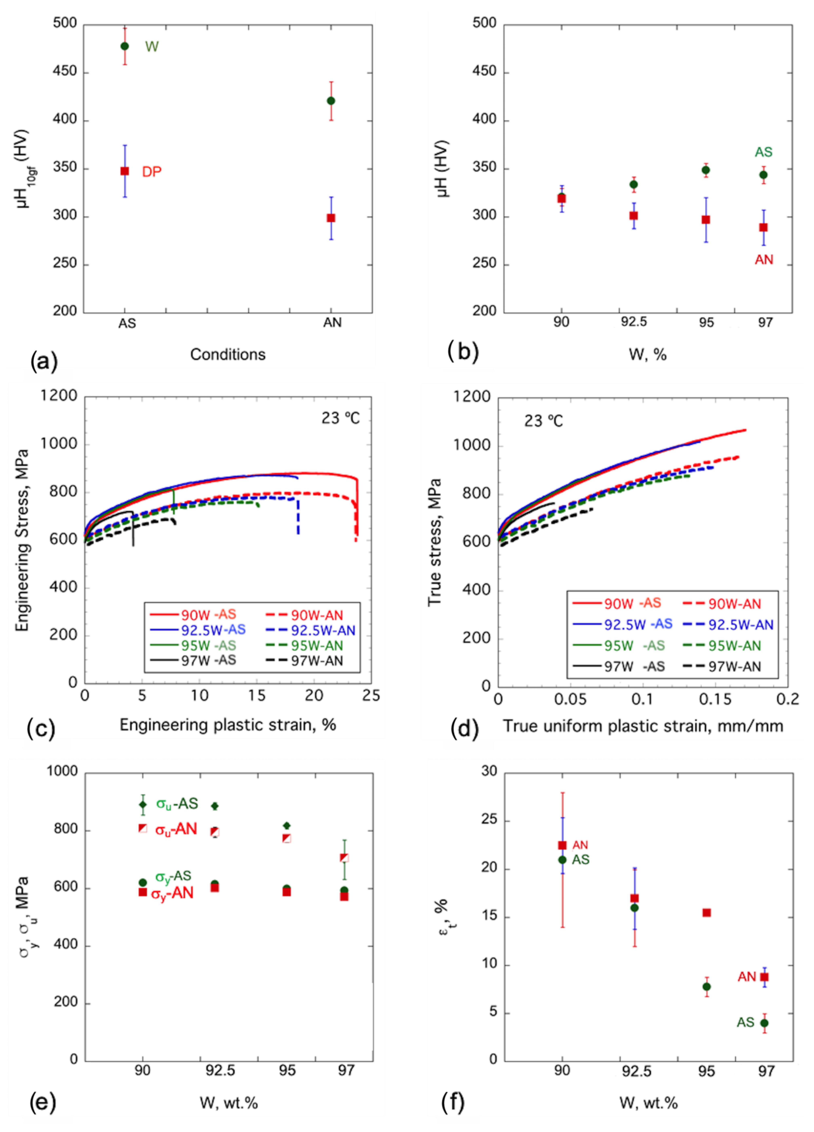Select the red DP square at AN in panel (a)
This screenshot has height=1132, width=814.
click(331, 218)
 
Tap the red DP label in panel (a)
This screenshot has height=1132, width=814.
click(152, 172)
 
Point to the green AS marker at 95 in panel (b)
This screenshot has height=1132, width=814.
click(706, 170)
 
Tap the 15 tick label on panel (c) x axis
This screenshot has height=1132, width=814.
click(257, 696)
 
